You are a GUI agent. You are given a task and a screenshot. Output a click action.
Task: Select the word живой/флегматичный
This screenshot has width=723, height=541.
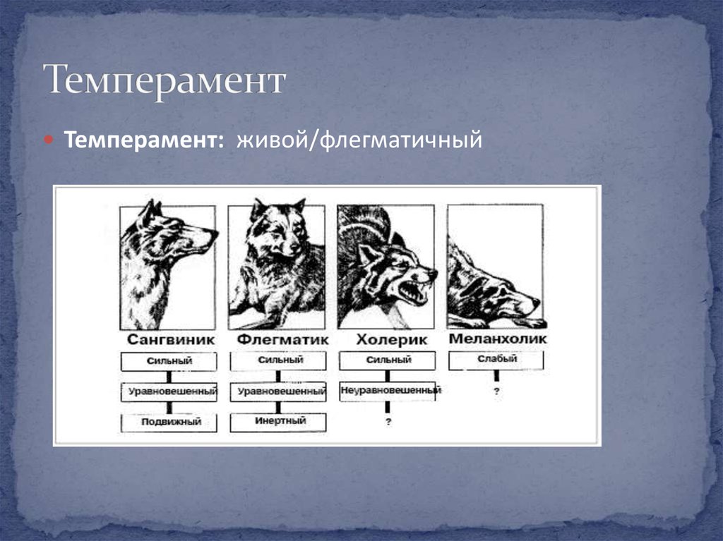359,140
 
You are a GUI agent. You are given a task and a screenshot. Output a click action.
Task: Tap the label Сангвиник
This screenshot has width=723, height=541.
169,340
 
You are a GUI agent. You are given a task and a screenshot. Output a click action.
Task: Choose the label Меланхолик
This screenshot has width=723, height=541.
496,340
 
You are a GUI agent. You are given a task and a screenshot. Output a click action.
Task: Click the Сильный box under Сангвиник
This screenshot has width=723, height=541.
169,362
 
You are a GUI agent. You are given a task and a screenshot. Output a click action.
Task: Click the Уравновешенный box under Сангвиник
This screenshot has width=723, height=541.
169,391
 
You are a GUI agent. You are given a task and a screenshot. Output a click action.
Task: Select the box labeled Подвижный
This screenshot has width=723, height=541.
169,423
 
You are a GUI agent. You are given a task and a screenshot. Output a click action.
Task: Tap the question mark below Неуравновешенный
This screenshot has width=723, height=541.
388,423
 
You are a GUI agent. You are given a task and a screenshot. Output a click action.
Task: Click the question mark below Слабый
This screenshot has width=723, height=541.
496,391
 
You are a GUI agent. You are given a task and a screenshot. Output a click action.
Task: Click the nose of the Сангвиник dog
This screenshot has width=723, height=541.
214,232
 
